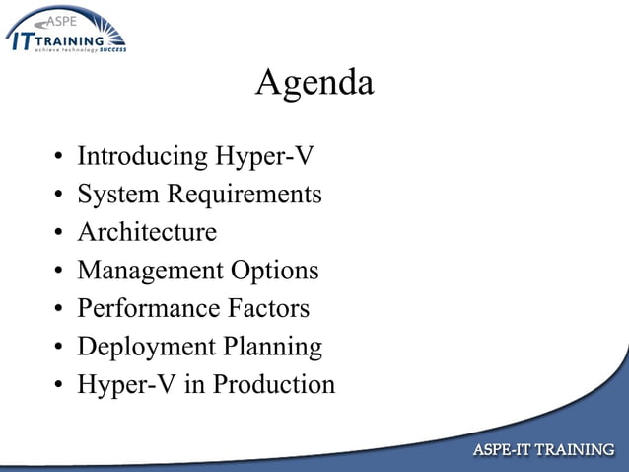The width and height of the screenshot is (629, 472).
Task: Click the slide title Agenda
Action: coord(314,83)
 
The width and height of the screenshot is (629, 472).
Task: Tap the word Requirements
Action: coord(244,195)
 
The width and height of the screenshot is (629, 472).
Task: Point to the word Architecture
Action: coord(147,232)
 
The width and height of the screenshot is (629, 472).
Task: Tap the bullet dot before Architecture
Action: coord(59,234)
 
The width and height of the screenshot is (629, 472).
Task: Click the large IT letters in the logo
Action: coord(23,39)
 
